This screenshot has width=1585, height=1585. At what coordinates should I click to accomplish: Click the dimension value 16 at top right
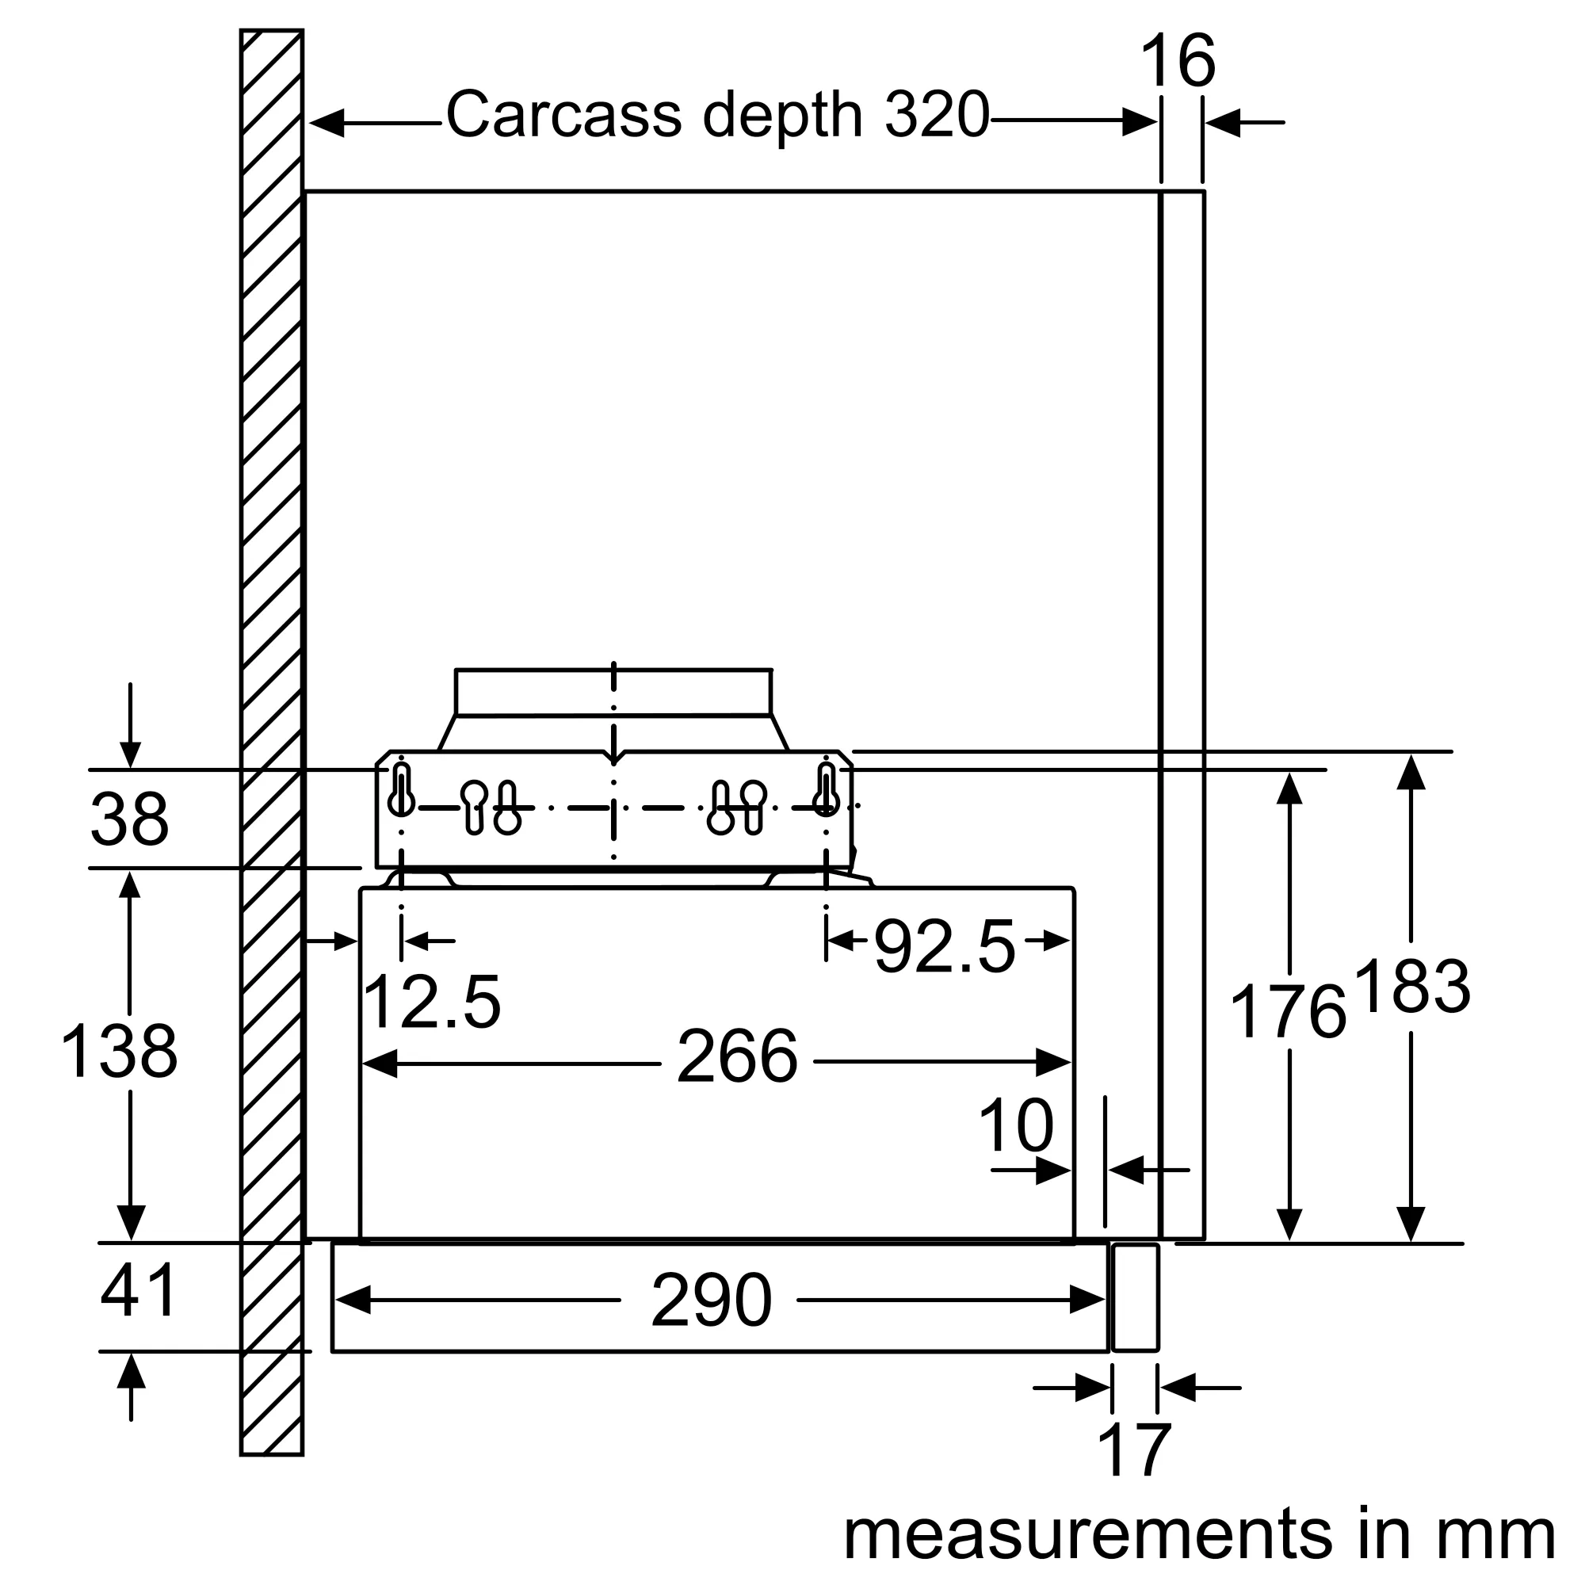(1178, 62)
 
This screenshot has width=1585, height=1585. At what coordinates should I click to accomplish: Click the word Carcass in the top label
(563, 115)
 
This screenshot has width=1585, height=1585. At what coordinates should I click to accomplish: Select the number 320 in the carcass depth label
(937, 115)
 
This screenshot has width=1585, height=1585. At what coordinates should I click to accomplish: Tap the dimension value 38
(129, 819)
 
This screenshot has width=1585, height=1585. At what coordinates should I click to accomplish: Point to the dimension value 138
(119, 1052)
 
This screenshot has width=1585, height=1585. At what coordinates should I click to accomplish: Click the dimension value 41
(138, 1289)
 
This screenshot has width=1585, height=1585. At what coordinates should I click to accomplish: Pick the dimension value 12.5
(430, 1003)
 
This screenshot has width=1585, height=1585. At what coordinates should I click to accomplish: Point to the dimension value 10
(1015, 1126)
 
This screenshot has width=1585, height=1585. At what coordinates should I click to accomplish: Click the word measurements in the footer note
(1087, 1533)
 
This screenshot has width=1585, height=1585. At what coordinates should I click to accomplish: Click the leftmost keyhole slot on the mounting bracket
(401, 791)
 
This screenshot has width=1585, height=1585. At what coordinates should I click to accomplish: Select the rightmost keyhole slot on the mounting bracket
(826, 791)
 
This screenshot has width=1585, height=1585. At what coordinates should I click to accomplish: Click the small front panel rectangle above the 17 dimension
(1135, 1297)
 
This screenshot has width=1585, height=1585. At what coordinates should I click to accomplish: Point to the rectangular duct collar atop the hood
(613, 693)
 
